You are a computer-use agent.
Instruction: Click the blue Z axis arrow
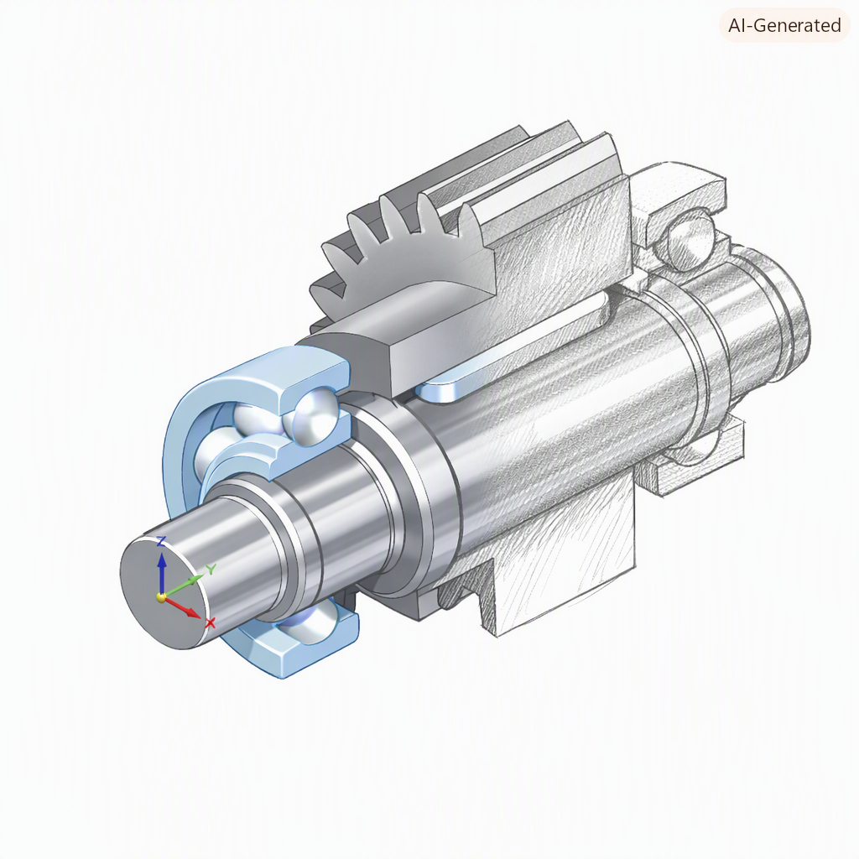click(161, 575)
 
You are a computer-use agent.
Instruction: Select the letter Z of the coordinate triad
click(161, 541)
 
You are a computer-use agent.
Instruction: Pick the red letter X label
click(210, 623)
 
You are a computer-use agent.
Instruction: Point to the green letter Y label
click(211, 570)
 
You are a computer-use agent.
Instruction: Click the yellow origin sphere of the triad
click(161, 597)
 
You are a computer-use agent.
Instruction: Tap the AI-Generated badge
click(784, 25)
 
